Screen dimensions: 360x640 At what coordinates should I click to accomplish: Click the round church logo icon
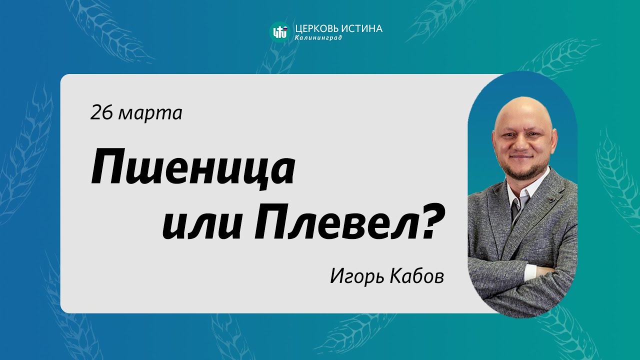pos(279,31)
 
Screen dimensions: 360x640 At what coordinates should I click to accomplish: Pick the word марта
pos(150,114)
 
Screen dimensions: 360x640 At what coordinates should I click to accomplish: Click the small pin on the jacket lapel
pos(549,199)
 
